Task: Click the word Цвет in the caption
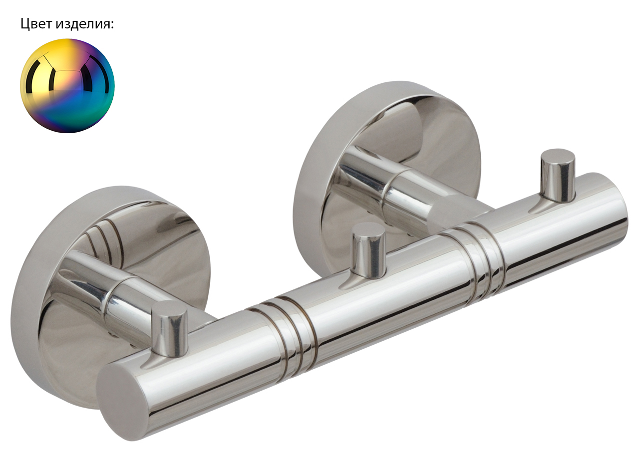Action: (36, 24)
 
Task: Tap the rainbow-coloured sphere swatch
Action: (67, 86)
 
